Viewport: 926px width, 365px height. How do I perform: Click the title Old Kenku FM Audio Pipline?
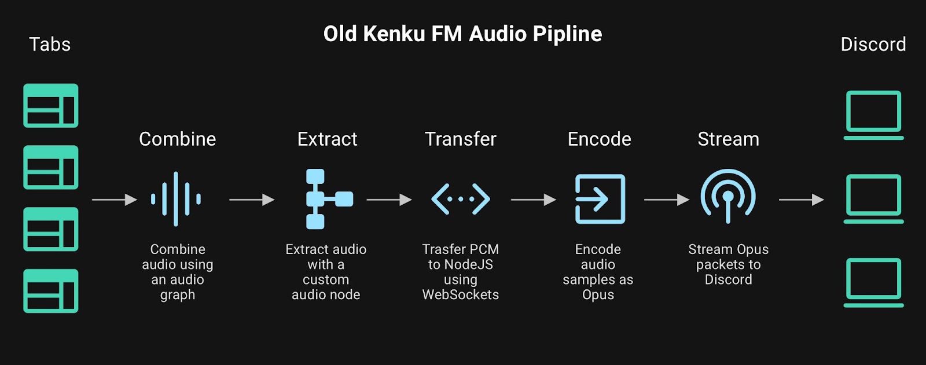[462, 34]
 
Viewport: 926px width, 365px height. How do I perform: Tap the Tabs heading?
[50, 45]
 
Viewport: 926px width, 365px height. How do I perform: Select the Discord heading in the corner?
[873, 45]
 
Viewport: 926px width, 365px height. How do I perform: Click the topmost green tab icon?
[51, 106]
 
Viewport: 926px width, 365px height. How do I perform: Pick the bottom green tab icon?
[51, 291]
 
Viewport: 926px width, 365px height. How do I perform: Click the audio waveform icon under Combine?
[176, 199]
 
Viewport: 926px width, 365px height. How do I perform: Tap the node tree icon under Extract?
[328, 199]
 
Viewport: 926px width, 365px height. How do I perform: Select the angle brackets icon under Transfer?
[461, 199]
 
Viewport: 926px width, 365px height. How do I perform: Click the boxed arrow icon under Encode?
[600, 199]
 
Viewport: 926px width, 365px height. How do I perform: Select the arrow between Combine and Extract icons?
[252, 200]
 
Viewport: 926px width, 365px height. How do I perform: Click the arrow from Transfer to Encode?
[533, 200]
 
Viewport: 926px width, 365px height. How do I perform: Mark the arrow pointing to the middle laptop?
[801, 200]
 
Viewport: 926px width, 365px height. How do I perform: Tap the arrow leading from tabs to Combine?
[115, 200]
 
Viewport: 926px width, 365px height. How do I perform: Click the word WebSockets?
[461, 294]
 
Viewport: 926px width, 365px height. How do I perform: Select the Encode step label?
[599, 139]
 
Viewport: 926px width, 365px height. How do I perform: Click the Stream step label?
[728, 139]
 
